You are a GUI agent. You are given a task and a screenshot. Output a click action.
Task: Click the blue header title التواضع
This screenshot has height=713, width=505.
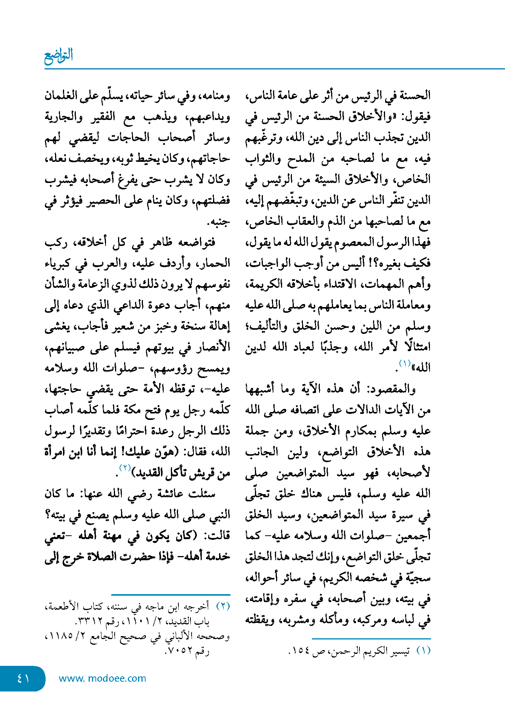[x=58, y=56]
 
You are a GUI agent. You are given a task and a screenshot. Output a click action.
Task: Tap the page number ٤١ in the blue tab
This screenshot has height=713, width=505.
[x=23, y=678]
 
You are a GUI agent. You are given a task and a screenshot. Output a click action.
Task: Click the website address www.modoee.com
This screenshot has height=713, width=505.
[x=102, y=678]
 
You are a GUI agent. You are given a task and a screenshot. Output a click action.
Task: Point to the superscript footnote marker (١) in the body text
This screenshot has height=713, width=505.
[x=405, y=363]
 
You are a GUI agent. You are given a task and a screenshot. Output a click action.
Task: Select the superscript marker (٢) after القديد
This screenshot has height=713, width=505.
[x=124, y=467]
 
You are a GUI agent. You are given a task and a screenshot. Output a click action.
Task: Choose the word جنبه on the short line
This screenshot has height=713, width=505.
[x=219, y=222]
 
